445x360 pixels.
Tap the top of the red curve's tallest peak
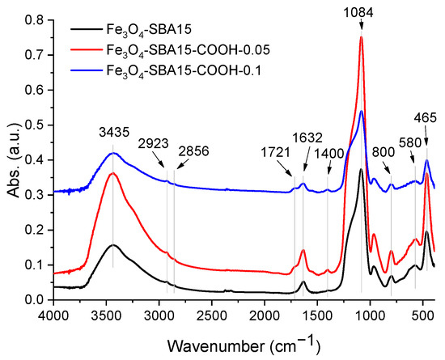(x=361, y=36)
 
